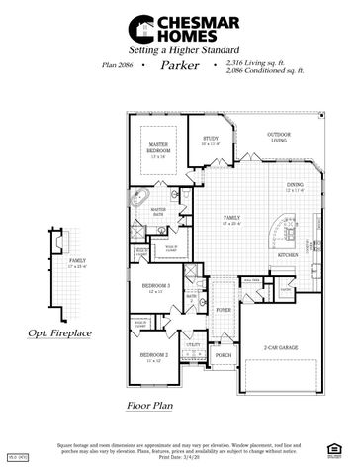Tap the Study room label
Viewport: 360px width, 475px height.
pyautogui.click(x=210, y=141)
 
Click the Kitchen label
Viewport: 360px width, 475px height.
pyautogui.click(x=288, y=254)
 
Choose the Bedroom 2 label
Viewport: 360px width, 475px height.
pyautogui.click(x=153, y=355)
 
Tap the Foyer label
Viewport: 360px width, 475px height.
pyautogui.click(x=224, y=309)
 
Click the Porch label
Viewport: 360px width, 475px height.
pyautogui.click(x=224, y=355)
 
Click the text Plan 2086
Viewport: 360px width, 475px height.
pyautogui.click(x=117, y=65)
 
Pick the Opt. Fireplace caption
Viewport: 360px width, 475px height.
pyautogui.click(x=59, y=334)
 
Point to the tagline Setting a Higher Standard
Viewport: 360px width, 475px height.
pyautogui.click(x=179, y=47)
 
